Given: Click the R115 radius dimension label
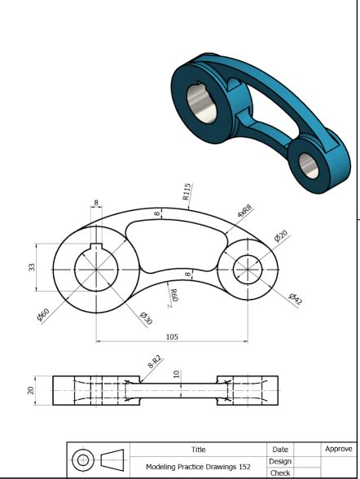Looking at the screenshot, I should pos(187,192).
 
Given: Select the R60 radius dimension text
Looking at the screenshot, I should pos(173,294).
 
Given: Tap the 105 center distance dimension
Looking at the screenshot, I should pos(171,336).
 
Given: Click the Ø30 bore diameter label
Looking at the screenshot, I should pos(146,319).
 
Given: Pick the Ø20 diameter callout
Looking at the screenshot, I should pos(280,236).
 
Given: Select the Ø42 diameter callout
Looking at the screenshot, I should pos(295,299).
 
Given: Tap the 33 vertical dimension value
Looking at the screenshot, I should pos(32,266).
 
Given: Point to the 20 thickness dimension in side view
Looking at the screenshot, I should pos(31,390).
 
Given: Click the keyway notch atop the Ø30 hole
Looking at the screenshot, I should pos(96,248).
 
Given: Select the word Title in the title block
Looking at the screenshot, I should pos(198,449).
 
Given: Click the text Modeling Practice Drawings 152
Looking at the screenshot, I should pos(198,467).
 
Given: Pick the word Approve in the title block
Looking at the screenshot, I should pos(338,449).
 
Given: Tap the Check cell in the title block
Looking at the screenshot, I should pos(279,472).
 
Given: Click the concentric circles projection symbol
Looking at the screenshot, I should pos(82,460).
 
